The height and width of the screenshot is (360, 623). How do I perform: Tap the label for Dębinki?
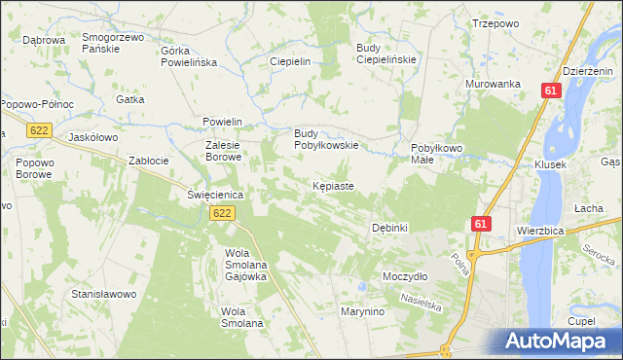click(389, 228)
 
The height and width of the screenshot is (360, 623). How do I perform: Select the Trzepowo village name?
click(492, 22)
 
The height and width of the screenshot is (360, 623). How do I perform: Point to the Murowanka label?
click(494, 85)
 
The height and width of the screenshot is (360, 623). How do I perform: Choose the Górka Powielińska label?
click(189, 55)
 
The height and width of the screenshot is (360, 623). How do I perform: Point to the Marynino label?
click(362, 311)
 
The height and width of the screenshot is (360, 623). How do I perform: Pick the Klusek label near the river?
click(551, 165)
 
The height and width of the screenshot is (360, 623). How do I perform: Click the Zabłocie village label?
click(149, 161)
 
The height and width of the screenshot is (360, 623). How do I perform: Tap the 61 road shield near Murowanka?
click(551, 90)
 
